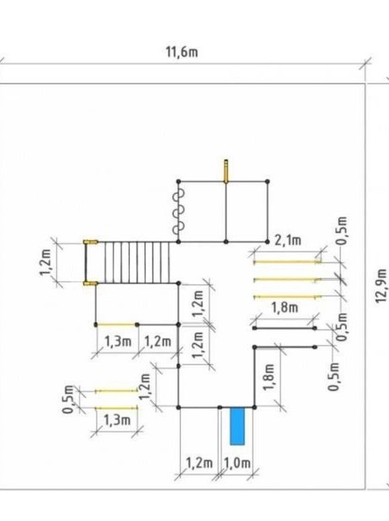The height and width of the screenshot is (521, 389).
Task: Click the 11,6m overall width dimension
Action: click(182, 52)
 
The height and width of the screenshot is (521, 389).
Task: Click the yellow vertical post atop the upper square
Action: click(226, 171)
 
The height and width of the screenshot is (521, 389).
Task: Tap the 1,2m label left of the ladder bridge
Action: click(45, 262)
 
